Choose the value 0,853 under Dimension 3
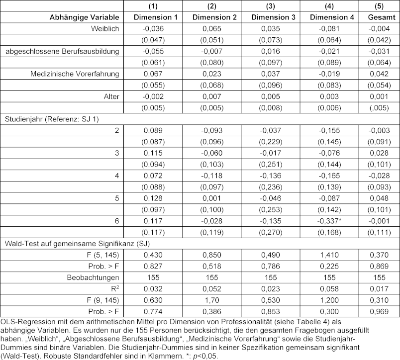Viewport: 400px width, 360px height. pos(273,311)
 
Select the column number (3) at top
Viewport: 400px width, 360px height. pos(273,6)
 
